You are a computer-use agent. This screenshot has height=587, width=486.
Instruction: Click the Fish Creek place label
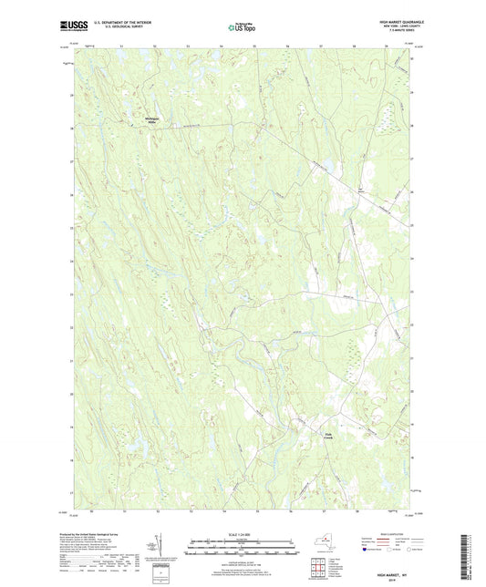[x=331, y=436]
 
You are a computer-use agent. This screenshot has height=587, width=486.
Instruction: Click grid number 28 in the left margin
[x=69, y=129]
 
